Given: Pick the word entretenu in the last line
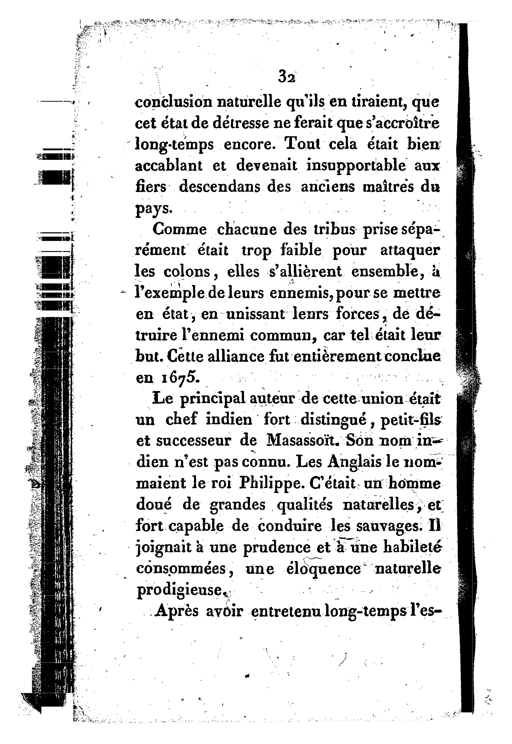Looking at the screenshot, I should (x=286, y=611).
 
